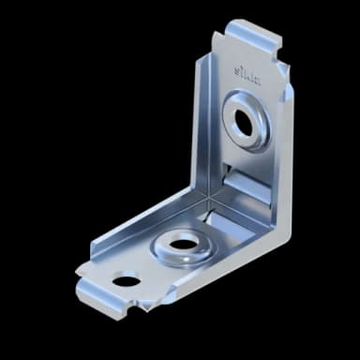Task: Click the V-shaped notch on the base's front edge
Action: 142,303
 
